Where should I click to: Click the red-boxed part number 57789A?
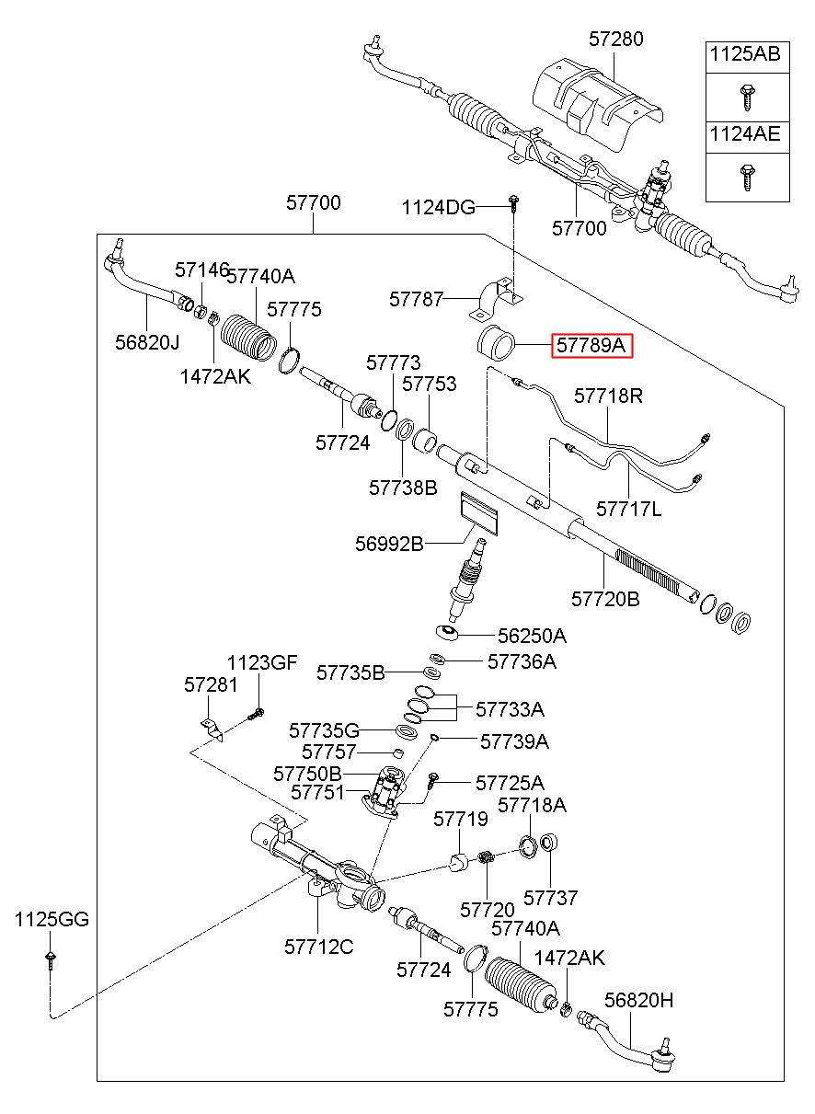pos(591,345)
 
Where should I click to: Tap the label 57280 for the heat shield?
pos(615,39)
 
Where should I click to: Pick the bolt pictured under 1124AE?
pos(746,178)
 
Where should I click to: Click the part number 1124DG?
pos(438,207)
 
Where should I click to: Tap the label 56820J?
pos(147,342)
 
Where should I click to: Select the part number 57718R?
pos(608,396)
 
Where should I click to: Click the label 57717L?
pos(628,509)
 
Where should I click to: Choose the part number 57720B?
pos(605,599)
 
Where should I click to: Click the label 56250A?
pos(532,636)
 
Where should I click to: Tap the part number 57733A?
pos(510,709)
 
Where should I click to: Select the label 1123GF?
pos(262,662)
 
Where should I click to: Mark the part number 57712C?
pos(319,947)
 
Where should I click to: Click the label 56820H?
pos(639,1000)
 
